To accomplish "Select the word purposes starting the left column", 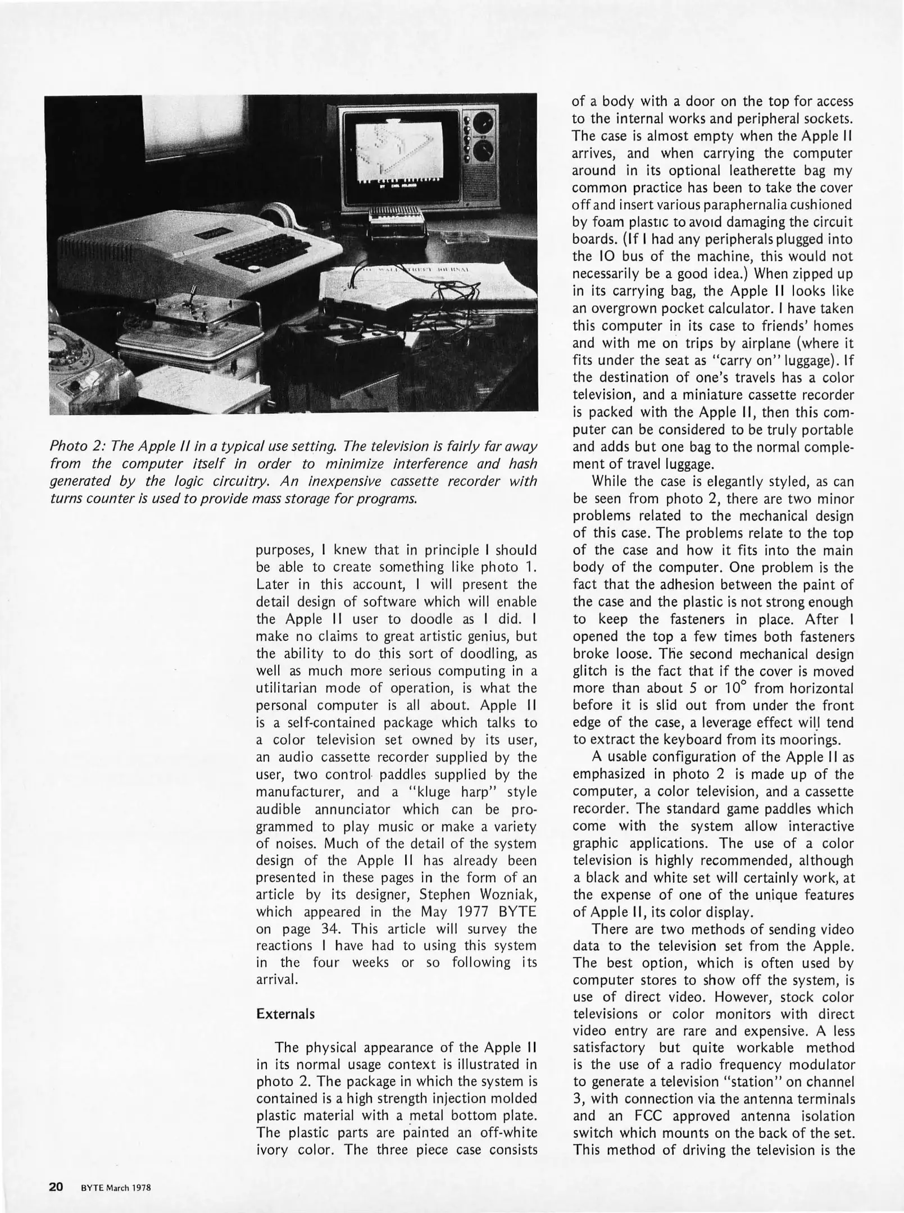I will coord(288,550).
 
